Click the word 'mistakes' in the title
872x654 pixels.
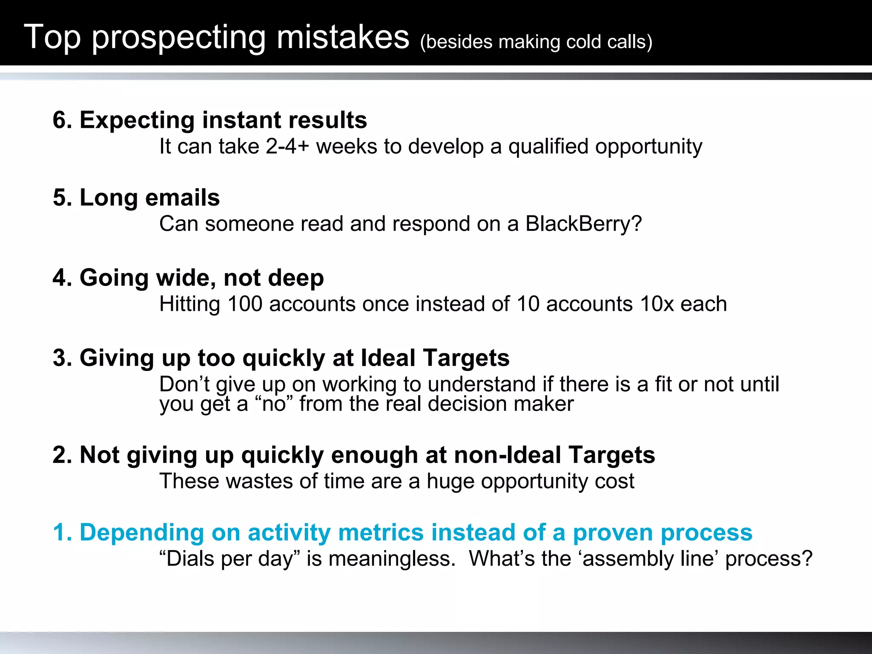coord(343,37)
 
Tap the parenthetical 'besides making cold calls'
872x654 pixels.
coord(536,42)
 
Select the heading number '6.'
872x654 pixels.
coord(63,120)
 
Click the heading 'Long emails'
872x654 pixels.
coord(149,198)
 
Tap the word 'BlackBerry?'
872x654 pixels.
coord(583,224)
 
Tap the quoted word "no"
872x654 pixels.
coord(274,404)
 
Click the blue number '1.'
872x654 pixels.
coord(63,533)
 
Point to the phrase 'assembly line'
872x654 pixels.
coord(650,559)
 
